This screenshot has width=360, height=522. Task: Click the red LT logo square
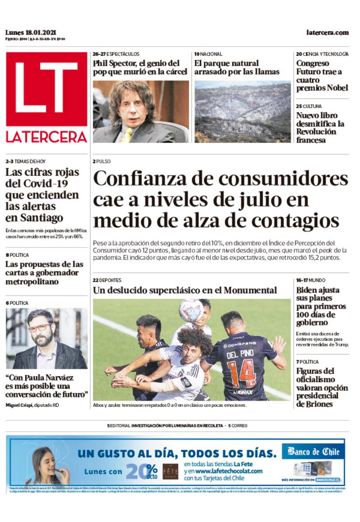coord(46,89)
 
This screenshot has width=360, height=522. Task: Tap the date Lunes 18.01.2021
coord(31,32)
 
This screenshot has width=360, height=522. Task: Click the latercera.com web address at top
coord(327,32)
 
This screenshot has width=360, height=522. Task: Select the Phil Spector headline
coord(140,67)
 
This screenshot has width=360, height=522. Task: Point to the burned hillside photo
coord(243,112)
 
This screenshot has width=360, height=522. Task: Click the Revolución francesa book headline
coord(320,128)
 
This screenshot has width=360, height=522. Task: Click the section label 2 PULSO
coord(102,162)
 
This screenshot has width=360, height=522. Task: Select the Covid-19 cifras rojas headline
coord(42,195)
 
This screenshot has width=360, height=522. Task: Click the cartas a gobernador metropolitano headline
coord(44,273)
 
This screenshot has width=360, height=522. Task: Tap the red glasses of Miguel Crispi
coord(40,327)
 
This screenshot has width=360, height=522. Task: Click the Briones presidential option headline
coord(322,387)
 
